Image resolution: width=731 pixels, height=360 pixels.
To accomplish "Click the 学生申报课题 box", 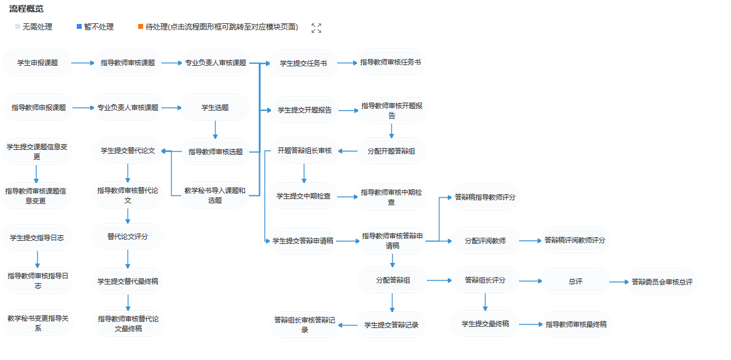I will click(x=37, y=63).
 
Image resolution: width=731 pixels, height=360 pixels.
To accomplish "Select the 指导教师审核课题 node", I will click(x=127, y=63).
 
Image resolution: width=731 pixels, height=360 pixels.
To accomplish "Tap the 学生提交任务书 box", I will click(x=303, y=63).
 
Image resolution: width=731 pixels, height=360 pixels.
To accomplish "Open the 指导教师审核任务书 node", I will click(x=391, y=62).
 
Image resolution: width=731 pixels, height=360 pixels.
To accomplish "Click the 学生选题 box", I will click(x=215, y=108).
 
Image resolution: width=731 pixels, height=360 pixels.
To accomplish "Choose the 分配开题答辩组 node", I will click(x=391, y=151).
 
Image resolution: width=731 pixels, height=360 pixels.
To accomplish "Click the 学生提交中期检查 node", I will click(x=303, y=196).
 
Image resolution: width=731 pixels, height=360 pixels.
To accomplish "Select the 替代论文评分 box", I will click(x=127, y=236).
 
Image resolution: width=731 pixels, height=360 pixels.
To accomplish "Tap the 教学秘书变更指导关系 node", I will click(x=37, y=323).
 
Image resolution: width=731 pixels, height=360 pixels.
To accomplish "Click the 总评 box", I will click(x=575, y=281).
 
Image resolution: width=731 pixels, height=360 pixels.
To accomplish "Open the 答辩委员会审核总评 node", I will click(x=662, y=282).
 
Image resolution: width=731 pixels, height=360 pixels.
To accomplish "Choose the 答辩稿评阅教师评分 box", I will click(x=574, y=240).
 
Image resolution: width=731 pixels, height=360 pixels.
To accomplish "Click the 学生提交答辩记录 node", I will click(x=391, y=324).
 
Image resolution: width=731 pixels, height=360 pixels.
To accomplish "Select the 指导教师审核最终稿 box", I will click(x=576, y=324).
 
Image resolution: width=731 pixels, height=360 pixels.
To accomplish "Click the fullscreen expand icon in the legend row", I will click(x=316, y=28).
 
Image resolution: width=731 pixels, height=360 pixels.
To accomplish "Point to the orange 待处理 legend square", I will click(x=141, y=27).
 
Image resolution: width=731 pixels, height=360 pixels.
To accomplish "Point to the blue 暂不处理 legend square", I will click(x=79, y=27).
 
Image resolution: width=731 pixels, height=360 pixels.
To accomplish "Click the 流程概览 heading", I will click(x=26, y=9).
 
